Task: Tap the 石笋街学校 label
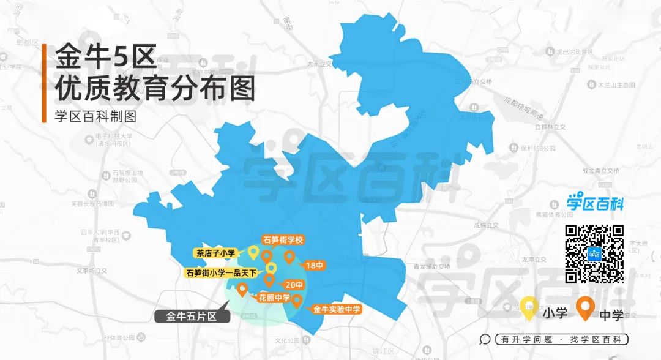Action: [x=283, y=239]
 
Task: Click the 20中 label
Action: [x=294, y=285]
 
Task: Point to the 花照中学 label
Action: [x=274, y=298]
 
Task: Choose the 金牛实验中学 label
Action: [x=337, y=310]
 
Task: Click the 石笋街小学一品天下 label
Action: [x=222, y=273]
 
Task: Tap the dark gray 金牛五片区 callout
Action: [x=192, y=317]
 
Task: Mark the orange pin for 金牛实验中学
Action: [x=297, y=300]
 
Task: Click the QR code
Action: [x=594, y=254]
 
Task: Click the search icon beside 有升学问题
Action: [x=485, y=339]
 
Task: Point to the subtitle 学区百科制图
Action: [x=94, y=115]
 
